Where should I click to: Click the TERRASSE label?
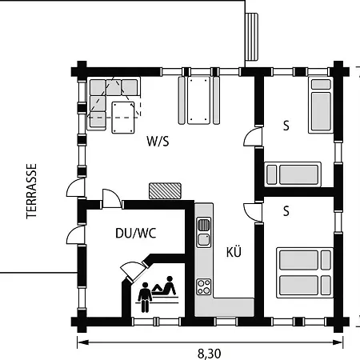pyautogui.click(x=31, y=191)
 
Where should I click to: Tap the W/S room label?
pyautogui.click(x=158, y=141)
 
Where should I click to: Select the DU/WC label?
pyautogui.click(x=136, y=233)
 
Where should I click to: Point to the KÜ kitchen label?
pyautogui.click(x=234, y=252)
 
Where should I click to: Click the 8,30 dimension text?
pyautogui.click(x=210, y=354)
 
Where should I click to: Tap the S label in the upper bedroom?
pyautogui.click(x=286, y=126)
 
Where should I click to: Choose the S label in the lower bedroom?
pyautogui.click(x=286, y=211)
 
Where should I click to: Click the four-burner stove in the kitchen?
pyautogui.click(x=204, y=287)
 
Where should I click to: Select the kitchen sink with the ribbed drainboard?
pyautogui.click(x=204, y=232)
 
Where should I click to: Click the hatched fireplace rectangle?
pyautogui.click(x=165, y=190)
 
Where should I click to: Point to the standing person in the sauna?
pyautogui.click(x=145, y=297)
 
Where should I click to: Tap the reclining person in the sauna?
pyautogui.click(x=164, y=286)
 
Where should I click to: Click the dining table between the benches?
pyautogui.click(x=198, y=100)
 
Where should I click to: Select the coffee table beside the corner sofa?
pyautogui.click(x=123, y=118)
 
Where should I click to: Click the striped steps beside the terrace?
pyautogui.click(x=252, y=37)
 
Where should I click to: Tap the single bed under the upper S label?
pyautogui.click(x=293, y=174)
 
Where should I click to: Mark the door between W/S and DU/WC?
pyautogui.click(x=111, y=198)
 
